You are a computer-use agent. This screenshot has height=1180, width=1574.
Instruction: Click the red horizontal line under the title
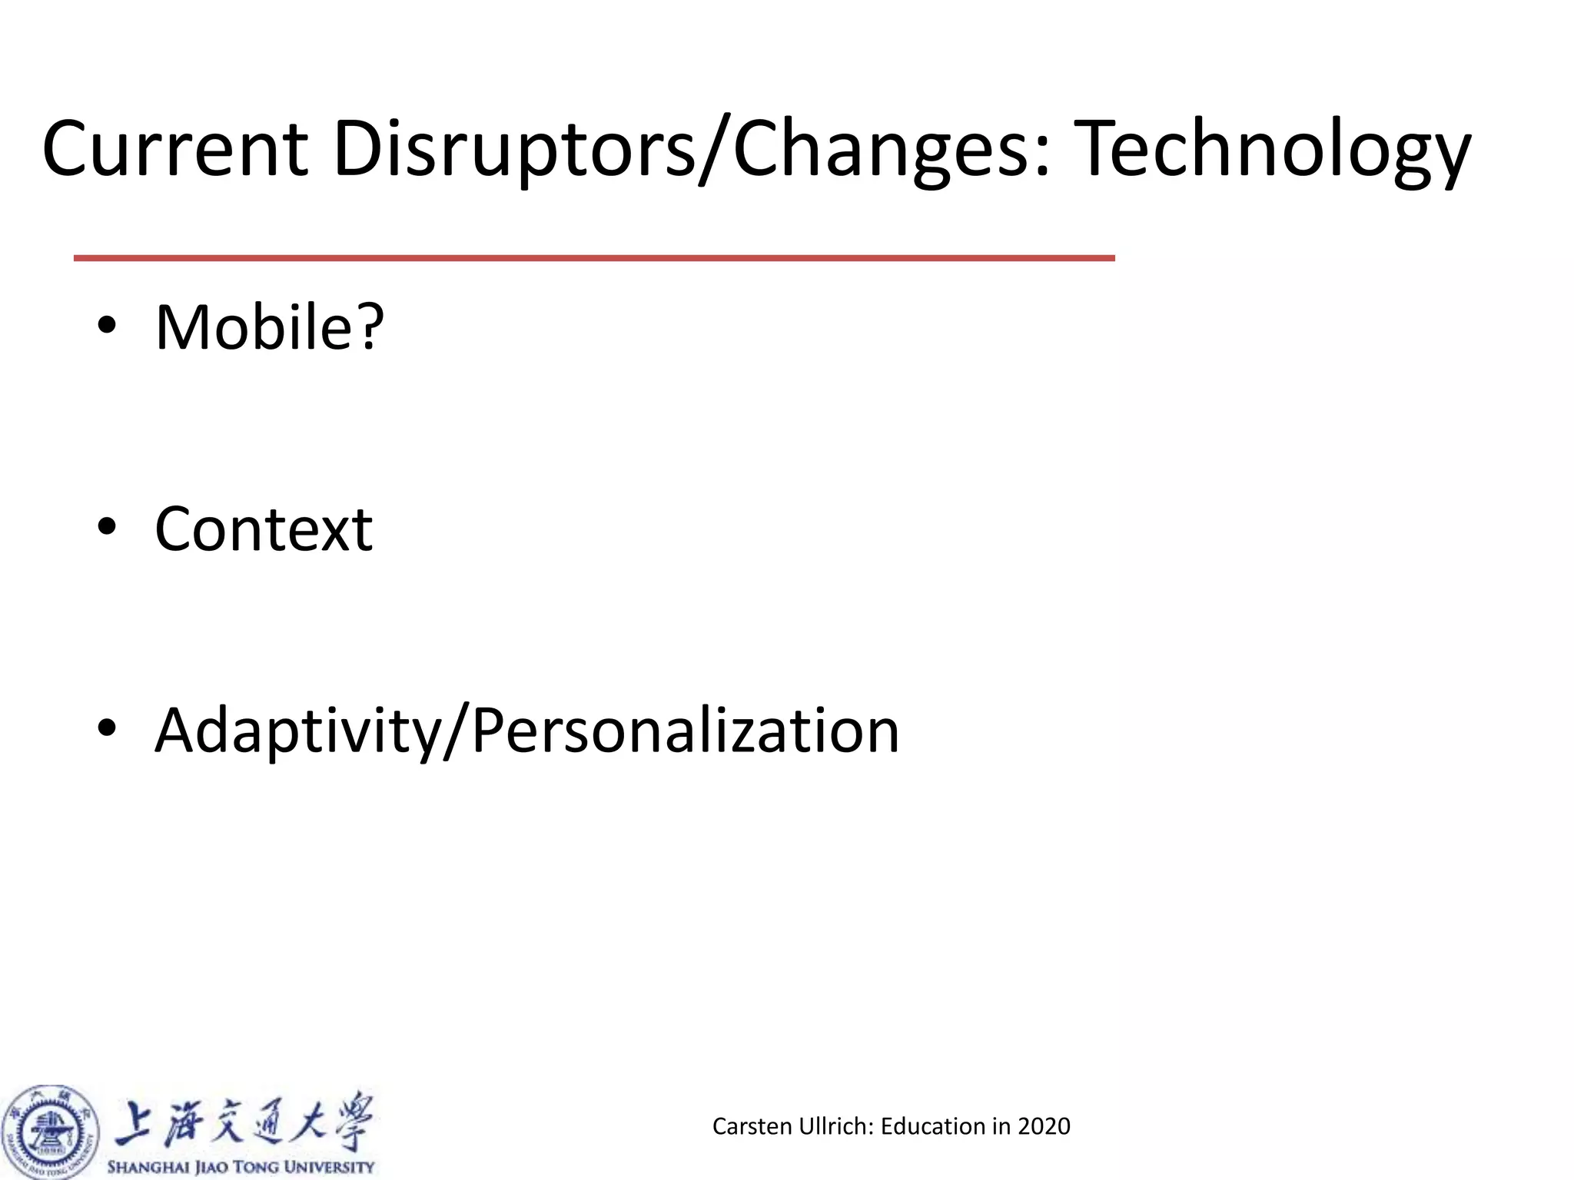594,258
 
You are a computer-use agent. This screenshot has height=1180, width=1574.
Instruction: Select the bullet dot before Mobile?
107,327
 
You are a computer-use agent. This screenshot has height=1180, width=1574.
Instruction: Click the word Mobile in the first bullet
254,327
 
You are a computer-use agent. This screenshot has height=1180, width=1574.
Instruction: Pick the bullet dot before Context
107,528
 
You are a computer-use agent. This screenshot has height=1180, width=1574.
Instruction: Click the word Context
264,529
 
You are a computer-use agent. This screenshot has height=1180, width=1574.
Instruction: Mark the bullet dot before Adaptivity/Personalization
107,728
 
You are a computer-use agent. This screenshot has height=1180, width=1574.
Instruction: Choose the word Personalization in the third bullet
685,731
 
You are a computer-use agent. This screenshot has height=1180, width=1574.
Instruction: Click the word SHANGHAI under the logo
149,1167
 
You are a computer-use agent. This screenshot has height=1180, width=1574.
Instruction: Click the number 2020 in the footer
1044,1126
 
